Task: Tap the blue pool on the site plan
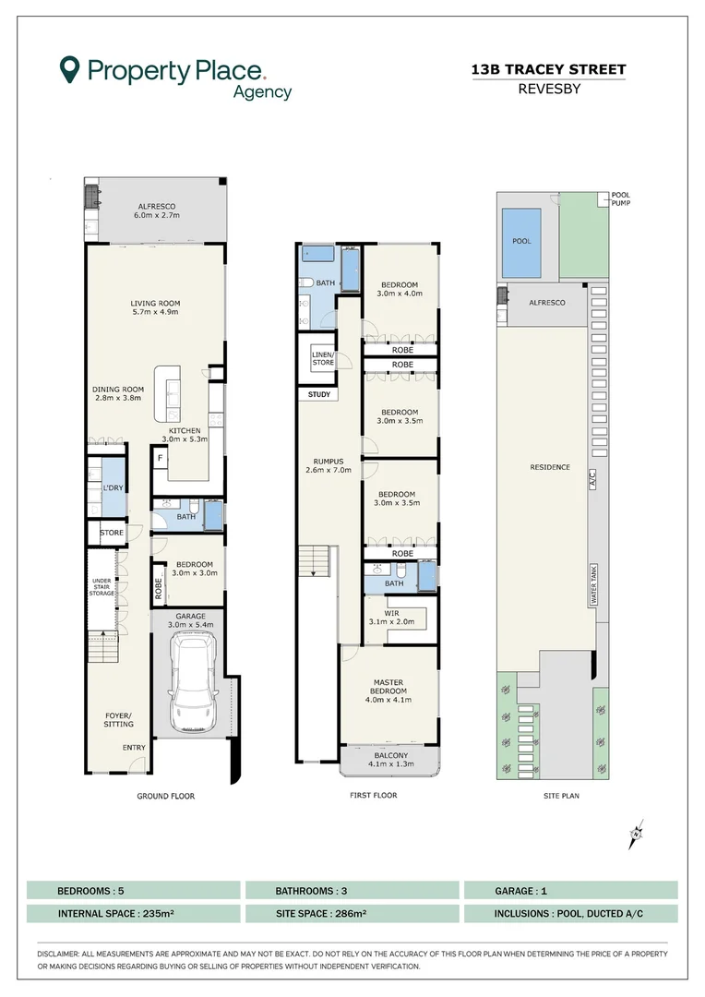click(522, 242)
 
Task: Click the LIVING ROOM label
click(155, 307)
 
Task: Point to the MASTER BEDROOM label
click(388, 691)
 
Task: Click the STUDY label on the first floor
click(319, 395)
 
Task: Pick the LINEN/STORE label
click(322, 358)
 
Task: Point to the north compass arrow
click(637, 835)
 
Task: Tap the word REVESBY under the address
click(548, 89)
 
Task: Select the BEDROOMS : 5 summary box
click(133, 891)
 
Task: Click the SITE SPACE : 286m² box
click(352, 914)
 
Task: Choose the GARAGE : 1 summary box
click(570, 891)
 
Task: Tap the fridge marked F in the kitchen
click(161, 458)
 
